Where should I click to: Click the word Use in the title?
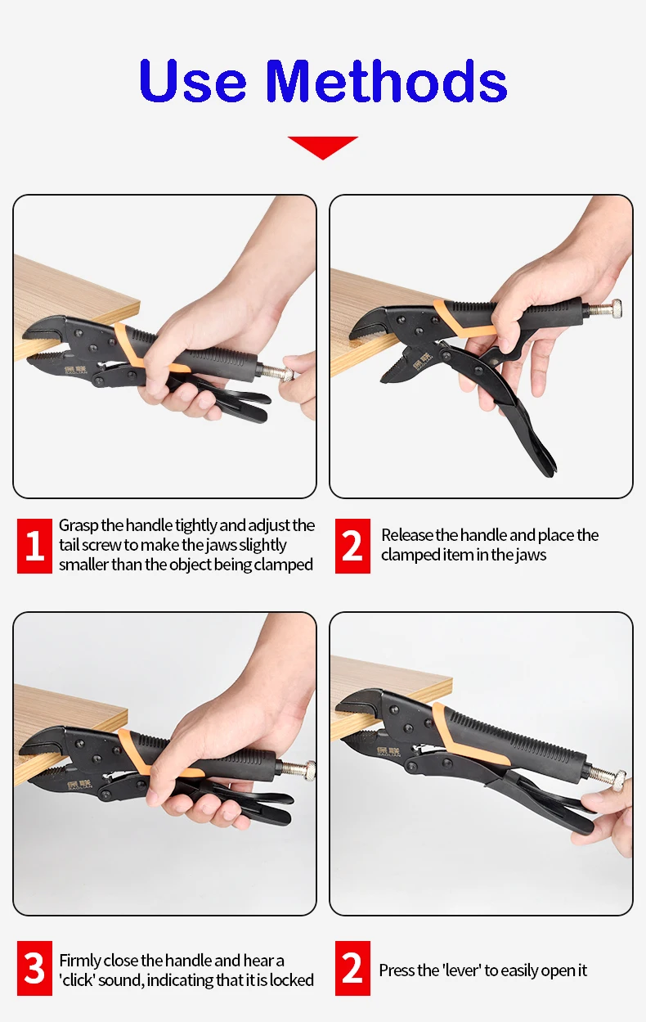click(x=192, y=81)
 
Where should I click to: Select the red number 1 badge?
click(x=34, y=546)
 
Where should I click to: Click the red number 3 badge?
click(x=34, y=968)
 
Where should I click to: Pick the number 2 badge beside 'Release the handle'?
click(x=352, y=546)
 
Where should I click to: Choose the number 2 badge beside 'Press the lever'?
click(x=352, y=968)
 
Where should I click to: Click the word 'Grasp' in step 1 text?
click(x=79, y=526)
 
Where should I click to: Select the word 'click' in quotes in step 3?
click(x=77, y=980)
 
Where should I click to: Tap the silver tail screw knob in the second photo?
click(x=616, y=310)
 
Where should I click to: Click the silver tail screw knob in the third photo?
click(x=311, y=771)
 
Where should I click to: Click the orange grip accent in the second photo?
click(x=461, y=318)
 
